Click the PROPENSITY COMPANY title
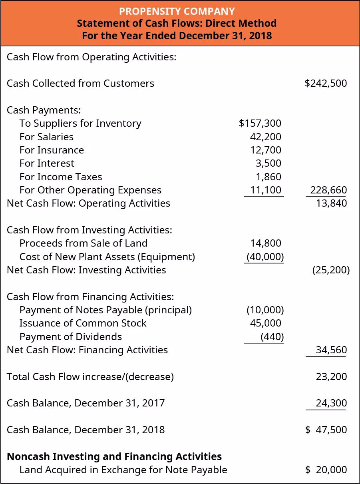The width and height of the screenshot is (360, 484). (x=177, y=11)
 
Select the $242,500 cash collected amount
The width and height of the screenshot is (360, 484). (x=326, y=84)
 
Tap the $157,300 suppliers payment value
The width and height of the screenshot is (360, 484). (x=260, y=123)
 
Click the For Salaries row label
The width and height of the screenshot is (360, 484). (x=46, y=137)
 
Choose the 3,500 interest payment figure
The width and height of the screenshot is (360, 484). (x=269, y=163)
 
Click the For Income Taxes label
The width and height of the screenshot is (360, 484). (x=61, y=177)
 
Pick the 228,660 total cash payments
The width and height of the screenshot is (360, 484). (x=328, y=190)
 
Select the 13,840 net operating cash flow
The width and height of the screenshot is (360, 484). (x=331, y=203)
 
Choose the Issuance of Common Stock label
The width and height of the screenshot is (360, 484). (x=83, y=323)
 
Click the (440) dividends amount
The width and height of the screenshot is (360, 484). (x=272, y=337)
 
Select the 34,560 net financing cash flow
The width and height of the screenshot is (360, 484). (x=331, y=350)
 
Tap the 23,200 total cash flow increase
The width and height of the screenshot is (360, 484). (x=331, y=377)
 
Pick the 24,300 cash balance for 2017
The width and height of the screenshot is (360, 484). (x=331, y=403)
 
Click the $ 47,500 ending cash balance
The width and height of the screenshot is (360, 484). (x=326, y=430)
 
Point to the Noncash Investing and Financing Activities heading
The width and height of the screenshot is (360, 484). (x=115, y=456)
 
